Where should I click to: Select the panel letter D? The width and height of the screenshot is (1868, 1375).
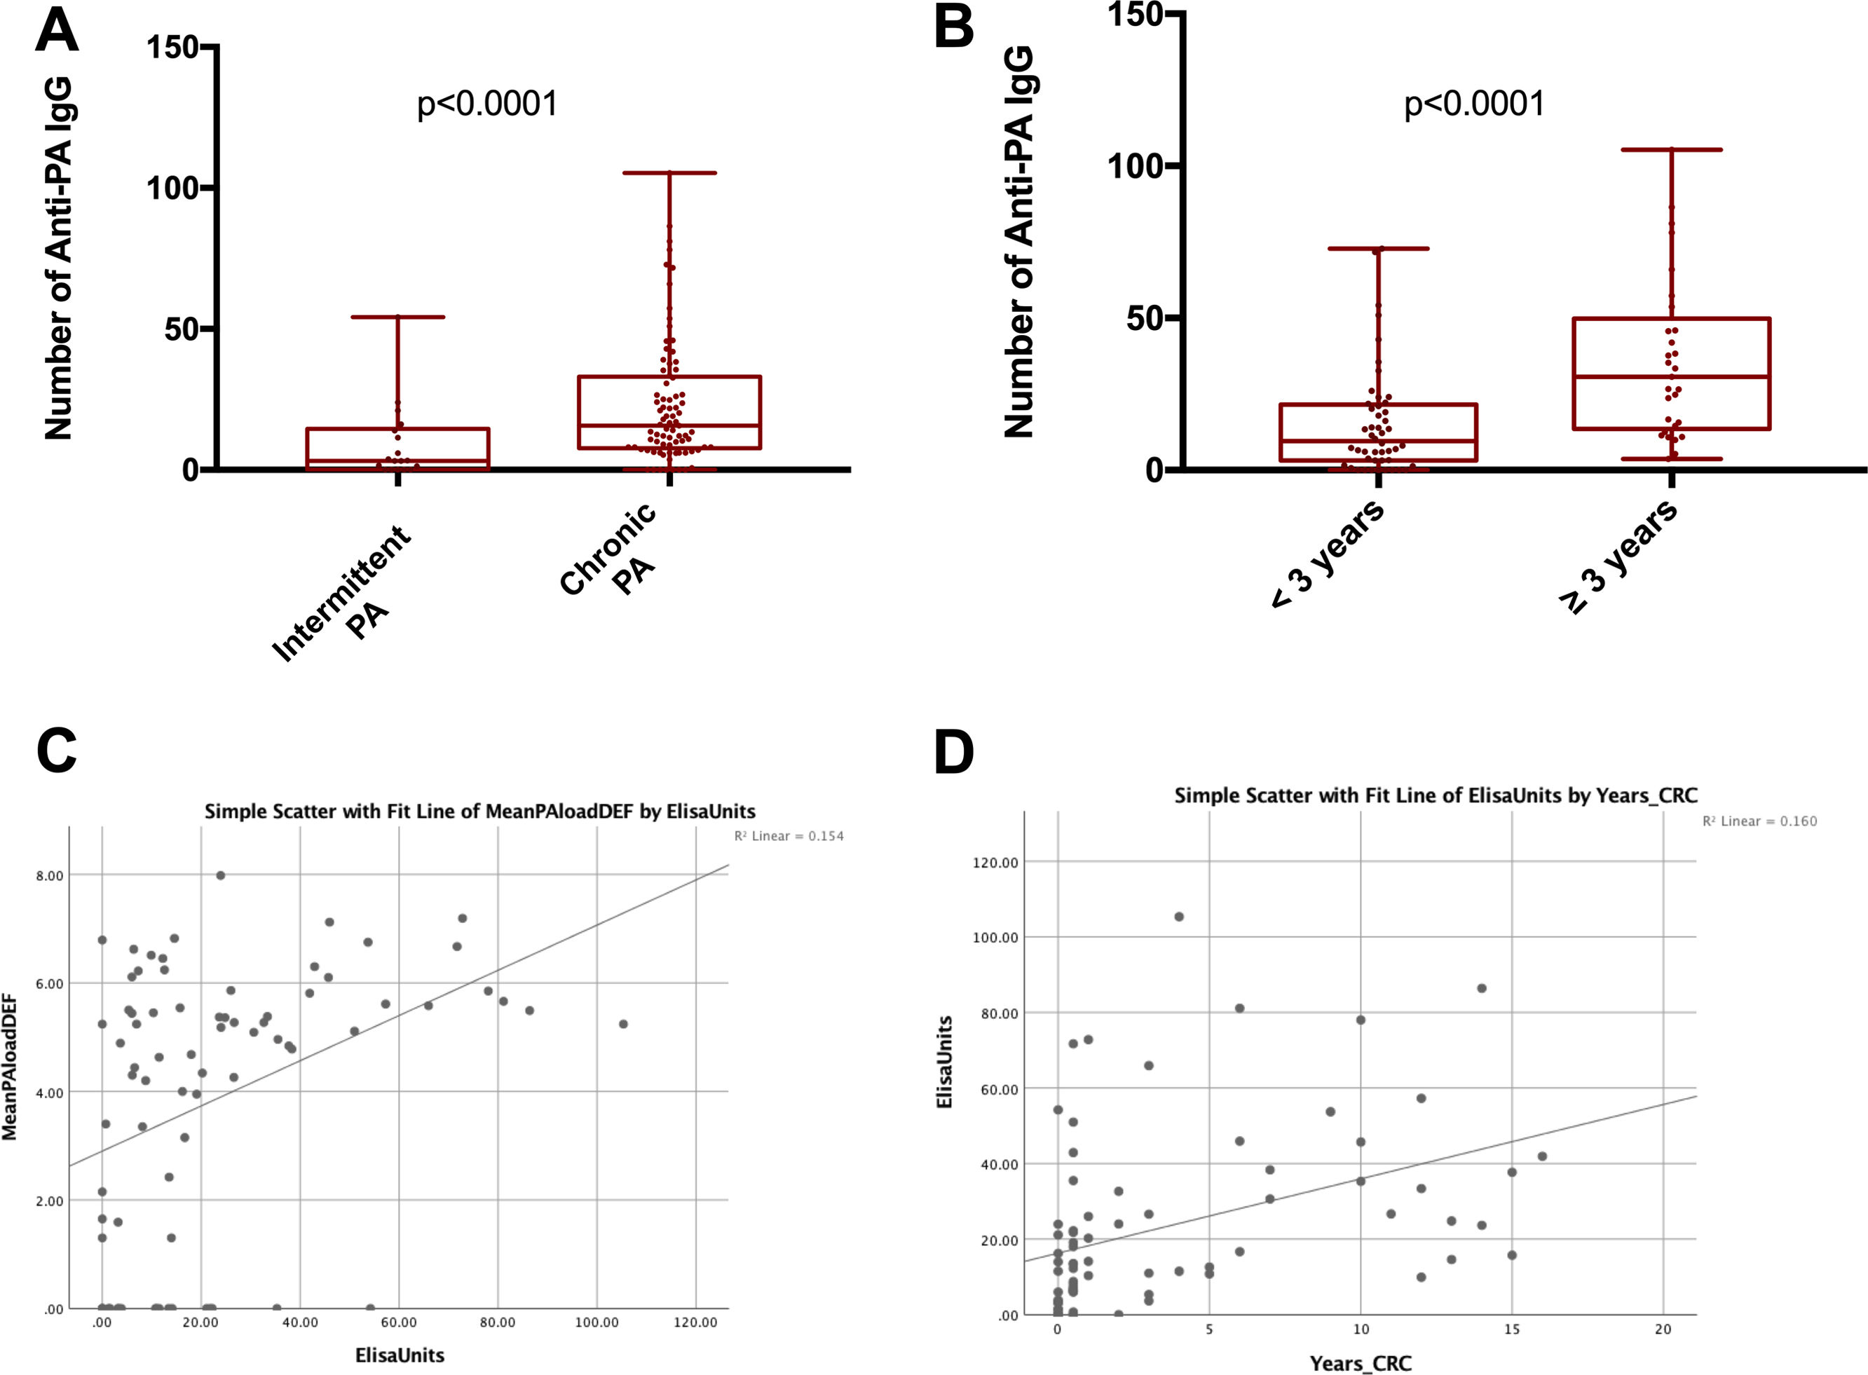[x=954, y=751]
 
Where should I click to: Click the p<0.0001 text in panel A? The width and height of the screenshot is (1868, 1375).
[x=487, y=104]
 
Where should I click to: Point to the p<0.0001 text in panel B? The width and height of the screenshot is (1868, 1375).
[x=1474, y=104]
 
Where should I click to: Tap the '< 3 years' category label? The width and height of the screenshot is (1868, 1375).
[x=1328, y=554]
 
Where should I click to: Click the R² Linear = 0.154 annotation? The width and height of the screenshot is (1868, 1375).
[x=789, y=835]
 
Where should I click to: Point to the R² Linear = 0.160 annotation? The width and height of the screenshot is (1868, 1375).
[x=1759, y=821]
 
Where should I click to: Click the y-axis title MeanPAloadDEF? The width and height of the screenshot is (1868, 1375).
[x=10, y=1067]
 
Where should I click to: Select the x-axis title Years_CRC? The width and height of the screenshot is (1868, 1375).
[x=1361, y=1363]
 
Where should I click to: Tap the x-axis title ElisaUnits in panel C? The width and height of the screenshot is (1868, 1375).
[x=400, y=1355]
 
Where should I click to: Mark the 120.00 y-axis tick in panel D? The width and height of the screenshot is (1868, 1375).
[x=995, y=862]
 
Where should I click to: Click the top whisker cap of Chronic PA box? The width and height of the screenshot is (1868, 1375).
[x=669, y=173]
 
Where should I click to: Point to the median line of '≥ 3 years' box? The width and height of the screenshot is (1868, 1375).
[x=1671, y=377]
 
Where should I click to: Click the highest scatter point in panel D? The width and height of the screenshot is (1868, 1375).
[x=1179, y=917]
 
